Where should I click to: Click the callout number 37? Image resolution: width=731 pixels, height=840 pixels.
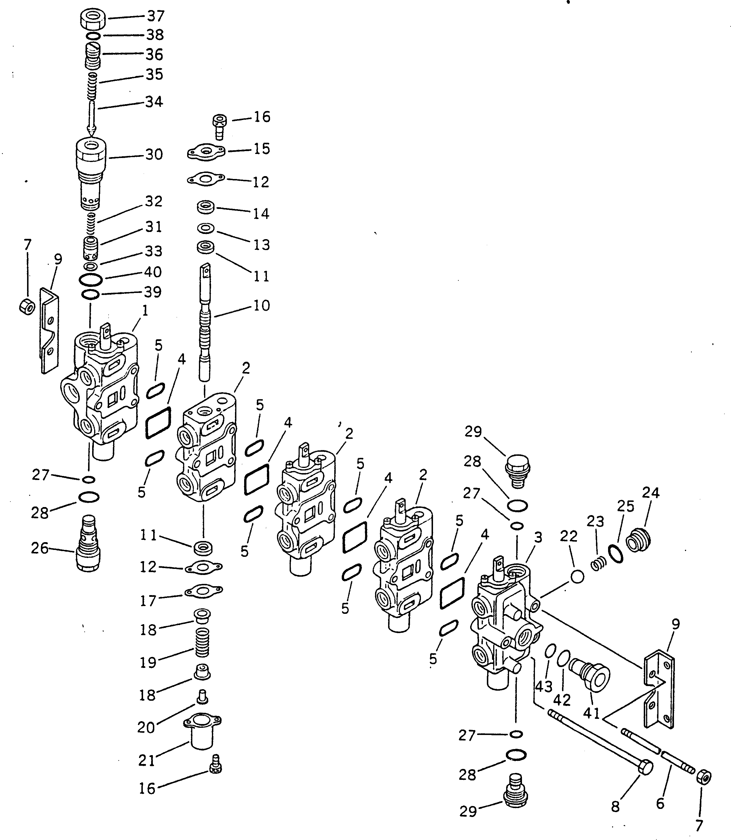(x=155, y=16)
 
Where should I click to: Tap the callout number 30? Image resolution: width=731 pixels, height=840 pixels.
(x=154, y=155)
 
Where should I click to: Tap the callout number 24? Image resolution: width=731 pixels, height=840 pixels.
(x=651, y=493)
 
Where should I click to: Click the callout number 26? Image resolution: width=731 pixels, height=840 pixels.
(x=40, y=548)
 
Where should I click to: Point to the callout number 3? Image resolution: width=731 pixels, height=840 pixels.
(x=538, y=538)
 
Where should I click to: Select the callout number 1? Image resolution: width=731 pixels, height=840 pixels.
(x=145, y=311)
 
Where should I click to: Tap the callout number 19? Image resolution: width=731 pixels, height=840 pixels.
(x=148, y=663)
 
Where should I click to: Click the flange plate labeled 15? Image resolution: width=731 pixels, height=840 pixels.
(x=206, y=153)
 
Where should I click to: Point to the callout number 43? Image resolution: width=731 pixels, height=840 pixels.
(x=544, y=686)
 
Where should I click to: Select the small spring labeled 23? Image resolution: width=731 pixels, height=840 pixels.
(x=598, y=565)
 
